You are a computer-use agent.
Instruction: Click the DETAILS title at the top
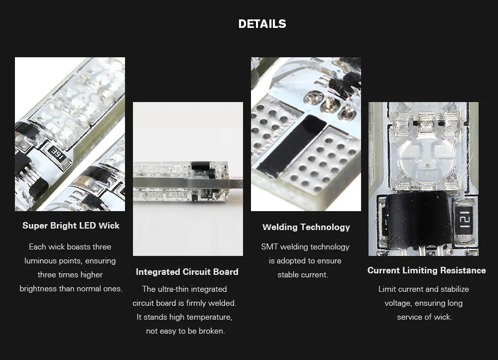pos(262,24)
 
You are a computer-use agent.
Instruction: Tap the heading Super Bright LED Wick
pos(71,226)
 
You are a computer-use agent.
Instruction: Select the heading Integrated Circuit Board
pos(187,272)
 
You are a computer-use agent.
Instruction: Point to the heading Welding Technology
pos(306,227)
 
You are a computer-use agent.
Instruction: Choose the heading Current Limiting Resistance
pos(427,270)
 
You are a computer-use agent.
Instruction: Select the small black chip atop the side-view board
pos(200,165)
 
